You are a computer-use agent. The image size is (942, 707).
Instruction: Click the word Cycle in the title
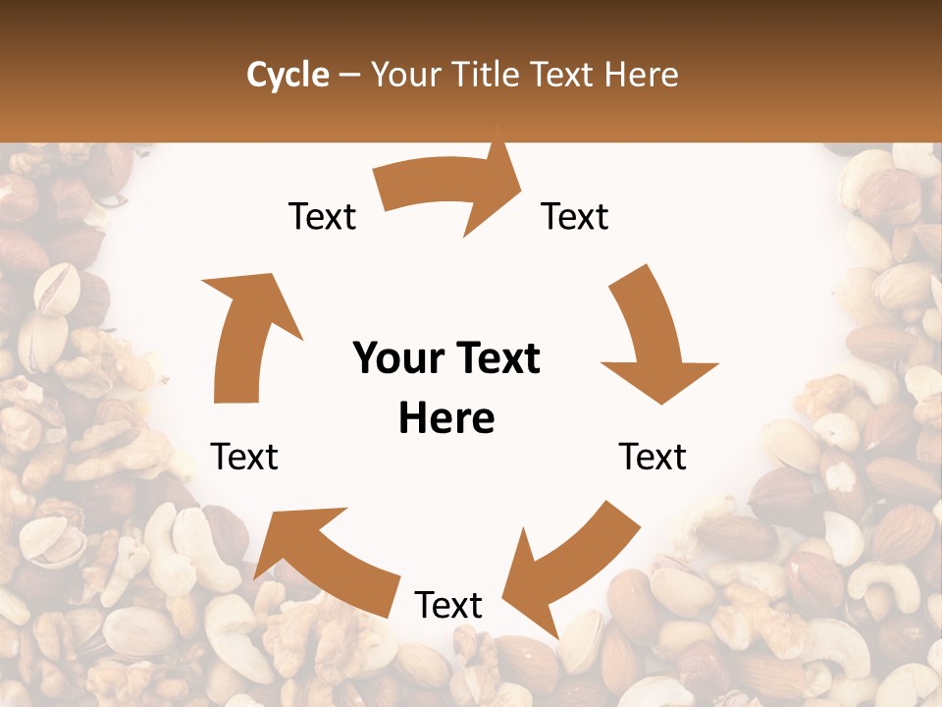point(288,75)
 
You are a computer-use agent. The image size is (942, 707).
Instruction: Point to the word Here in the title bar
point(643,75)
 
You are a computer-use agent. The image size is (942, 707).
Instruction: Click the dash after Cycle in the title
point(348,76)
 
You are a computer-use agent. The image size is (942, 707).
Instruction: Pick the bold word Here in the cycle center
point(446,418)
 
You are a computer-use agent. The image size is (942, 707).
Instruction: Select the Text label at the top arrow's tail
point(322,216)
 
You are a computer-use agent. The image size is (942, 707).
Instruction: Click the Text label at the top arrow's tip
point(575,216)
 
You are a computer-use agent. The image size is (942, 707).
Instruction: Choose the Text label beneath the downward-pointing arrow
point(653,457)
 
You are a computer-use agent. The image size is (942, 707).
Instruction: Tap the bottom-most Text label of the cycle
point(448,605)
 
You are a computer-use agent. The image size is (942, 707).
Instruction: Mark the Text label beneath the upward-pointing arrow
point(244,457)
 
